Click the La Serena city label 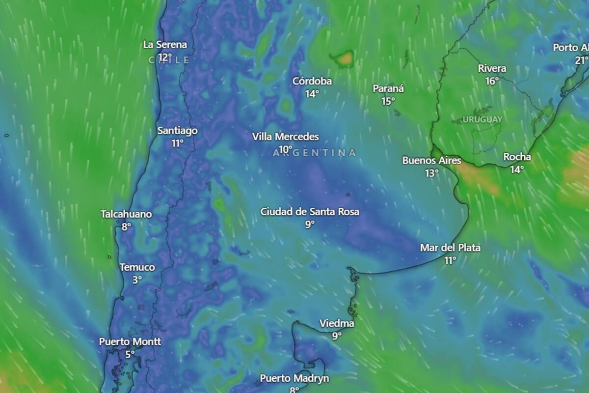tap(165, 45)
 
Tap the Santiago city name tap(177, 131)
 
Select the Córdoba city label tap(312, 81)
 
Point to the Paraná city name tap(388, 89)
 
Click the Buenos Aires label tap(432, 160)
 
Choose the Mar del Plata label tap(450, 248)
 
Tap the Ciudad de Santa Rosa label tap(310, 212)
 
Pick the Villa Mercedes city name tap(285, 137)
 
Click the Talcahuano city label tap(126, 214)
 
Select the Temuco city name tap(137, 267)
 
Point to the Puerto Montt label tap(130, 341)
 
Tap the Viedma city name tap(337, 323)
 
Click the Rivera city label tap(492, 69)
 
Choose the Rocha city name tap(517, 157)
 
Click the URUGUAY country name tap(482, 119)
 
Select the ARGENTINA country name tap(315, 153)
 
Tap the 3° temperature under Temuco tap(137, 279)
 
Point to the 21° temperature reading tap(582, 60)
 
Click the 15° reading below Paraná tap(388, 101)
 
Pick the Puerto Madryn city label tap(294, 378)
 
